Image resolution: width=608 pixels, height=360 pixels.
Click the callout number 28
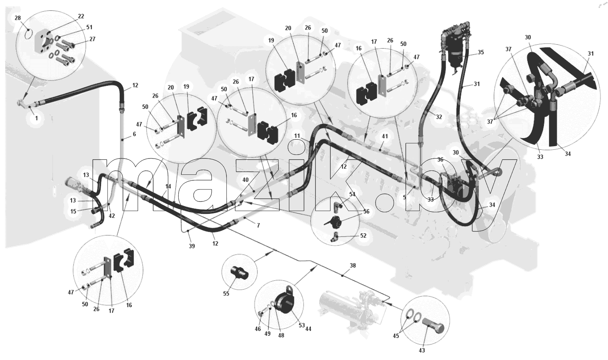(x=18, y=18)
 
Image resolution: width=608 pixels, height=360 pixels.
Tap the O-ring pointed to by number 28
(x=28, y=35)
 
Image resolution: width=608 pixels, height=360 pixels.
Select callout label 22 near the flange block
(x=81, y=16)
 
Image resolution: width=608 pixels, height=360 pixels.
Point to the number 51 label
(x=89, y=27)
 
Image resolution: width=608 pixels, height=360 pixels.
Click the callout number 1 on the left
(x=36, y=119)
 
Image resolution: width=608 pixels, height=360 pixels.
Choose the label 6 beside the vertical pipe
(x=134, y=134)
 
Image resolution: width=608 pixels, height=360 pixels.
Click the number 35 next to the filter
(x=481, y=52)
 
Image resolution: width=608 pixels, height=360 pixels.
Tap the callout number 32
(x=439, y=117)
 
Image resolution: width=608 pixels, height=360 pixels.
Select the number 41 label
(x=385, y=136)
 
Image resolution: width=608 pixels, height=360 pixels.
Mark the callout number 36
(x=440, y=159)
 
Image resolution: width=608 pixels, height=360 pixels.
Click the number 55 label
(x=226, y=293)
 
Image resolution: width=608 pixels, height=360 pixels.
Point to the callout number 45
(x=396, y=336)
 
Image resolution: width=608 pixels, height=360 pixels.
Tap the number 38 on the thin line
(x=353, y=266)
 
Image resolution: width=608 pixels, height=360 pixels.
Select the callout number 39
(x=192, y=246)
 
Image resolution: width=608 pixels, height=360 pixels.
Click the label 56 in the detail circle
(x=366, y=211)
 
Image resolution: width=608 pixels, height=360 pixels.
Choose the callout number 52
(x=363, y=236)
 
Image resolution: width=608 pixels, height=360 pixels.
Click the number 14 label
(x=168, y=186)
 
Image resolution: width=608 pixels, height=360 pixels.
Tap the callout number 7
(x=258, y=225)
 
